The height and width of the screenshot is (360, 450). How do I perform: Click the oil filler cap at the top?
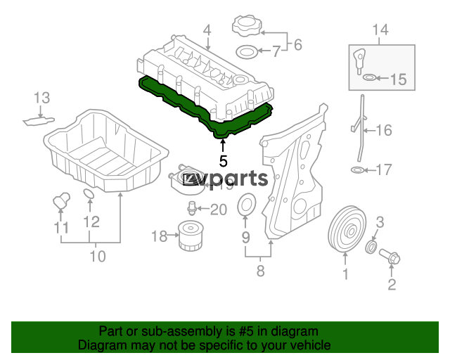coord(247,25)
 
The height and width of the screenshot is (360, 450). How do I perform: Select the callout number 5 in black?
coord(223,161)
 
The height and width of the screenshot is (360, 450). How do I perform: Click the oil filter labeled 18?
coord(191,236)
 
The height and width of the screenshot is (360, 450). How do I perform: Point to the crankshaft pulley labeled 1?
coord(347,230)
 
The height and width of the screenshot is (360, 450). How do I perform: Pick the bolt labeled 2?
coord(390,257)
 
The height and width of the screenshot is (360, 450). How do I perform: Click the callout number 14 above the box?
coord(380,30)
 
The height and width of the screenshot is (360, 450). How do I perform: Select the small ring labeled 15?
coord(369,77)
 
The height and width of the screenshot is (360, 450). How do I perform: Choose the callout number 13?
coord(42,98)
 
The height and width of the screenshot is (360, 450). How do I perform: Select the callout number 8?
coord(260,271)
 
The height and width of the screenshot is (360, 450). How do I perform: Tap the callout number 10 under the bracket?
coord(98,256)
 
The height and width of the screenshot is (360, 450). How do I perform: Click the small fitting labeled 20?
coord(191,208)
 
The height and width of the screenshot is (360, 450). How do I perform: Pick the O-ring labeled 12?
coord(89,194)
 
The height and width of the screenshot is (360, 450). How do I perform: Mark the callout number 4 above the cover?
coord(207,30)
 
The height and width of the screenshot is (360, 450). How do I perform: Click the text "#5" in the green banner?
coord(245,332)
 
